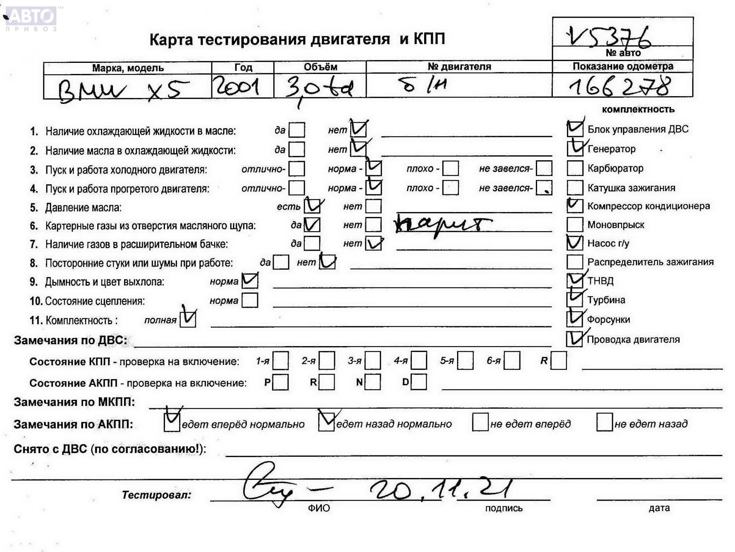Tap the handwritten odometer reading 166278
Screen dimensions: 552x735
[619, 87]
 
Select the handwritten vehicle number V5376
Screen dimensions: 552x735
[609, 37]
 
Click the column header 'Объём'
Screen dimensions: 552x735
[320, 67]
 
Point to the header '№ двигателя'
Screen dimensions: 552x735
[459, 67]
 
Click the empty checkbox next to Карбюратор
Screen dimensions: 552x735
[575, 168]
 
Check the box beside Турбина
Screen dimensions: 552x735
[575, 299]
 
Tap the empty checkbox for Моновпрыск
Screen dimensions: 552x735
[575, 225]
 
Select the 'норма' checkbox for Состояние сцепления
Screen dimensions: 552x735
[250, 301]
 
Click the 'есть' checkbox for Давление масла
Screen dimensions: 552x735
[312, 206]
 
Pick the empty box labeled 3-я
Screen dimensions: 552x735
[373, 361]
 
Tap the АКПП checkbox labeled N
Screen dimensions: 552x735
[373, 382]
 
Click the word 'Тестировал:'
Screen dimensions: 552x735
[156, 495]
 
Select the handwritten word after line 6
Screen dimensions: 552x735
[442, 225]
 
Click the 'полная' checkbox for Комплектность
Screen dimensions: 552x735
[188, 319]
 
